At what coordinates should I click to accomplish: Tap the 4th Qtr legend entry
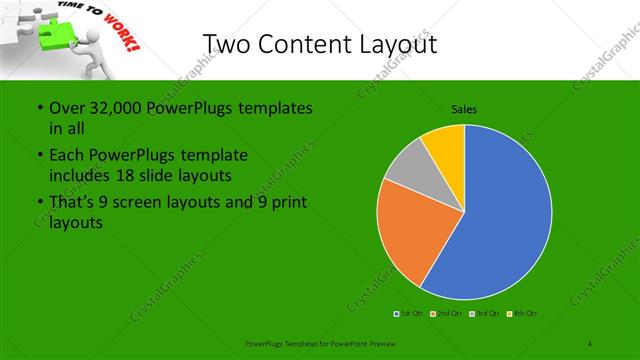coord(524,314)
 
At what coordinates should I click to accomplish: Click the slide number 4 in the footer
coord(590,343)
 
